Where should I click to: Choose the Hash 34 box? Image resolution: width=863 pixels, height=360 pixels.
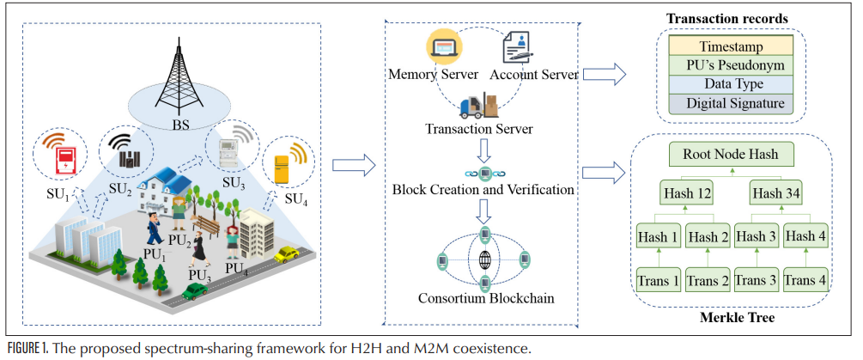pos(776,193)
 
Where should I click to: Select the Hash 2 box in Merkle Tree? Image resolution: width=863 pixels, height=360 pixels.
pos(710,236)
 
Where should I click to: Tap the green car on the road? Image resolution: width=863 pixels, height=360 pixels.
pos(194,292)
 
